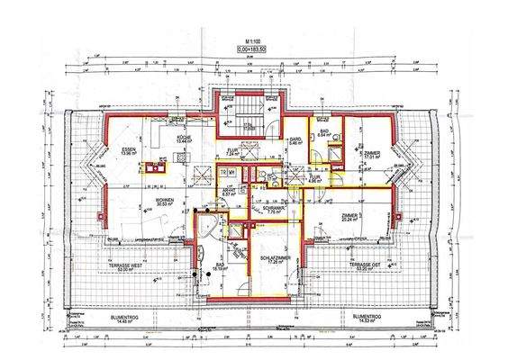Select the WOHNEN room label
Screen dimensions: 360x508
pyautogui.click(x=164, y=201)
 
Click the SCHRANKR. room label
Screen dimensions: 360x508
pyautogui.click(x=274, y=209)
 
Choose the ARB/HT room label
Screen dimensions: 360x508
pyautogui.click(x=228, y=193)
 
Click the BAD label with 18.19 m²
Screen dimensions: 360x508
pyautogui.click(x=220, y=265)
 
